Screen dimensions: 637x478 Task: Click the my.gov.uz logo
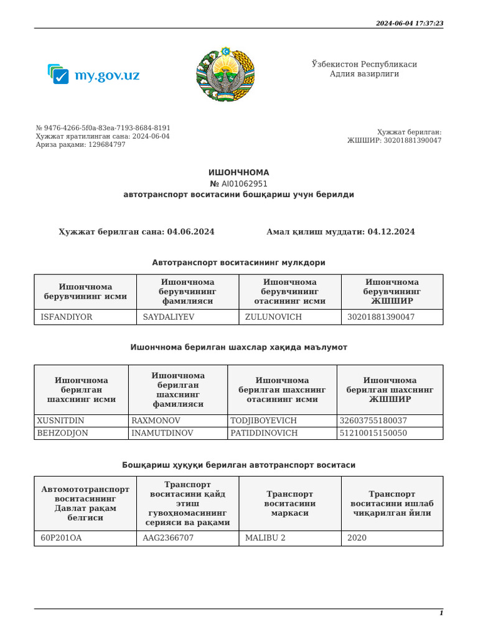point(93,75)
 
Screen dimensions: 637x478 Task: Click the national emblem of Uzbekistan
point(225,74)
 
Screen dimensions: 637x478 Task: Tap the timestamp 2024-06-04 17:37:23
point(409,23)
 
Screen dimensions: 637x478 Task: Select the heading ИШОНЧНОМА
point(238,172)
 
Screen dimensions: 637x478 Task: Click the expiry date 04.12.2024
point(391,231)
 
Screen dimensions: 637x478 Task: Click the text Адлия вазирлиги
point(364,74)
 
